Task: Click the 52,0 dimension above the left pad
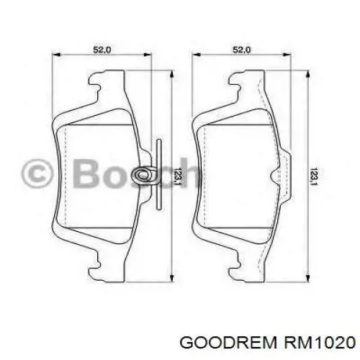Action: [102, 50]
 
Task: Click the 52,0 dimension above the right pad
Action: [242, 50]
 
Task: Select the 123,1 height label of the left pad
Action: [177, 176]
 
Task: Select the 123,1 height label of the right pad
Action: [313, 176]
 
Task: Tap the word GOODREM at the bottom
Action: [228, 342]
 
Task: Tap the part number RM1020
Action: [320, 342]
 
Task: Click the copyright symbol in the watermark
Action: [37, 174]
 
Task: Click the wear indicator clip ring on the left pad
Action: [143, 175]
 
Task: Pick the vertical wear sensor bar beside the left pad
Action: [158, 175]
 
